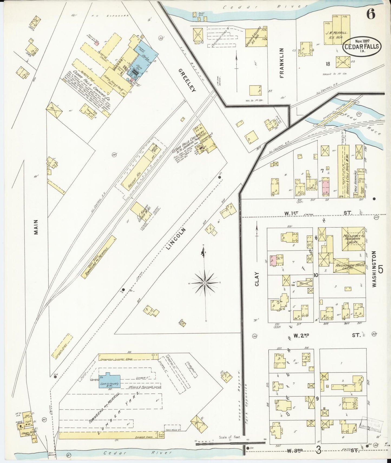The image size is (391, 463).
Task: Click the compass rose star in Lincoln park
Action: coord(205,283)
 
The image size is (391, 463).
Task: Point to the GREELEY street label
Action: coord(187,80)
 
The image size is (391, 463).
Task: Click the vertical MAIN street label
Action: coord(36,227)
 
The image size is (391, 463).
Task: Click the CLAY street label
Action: coord(257,279)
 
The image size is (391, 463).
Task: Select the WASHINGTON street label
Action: coord(374,269)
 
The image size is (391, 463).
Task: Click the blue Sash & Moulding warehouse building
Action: coord(109,381)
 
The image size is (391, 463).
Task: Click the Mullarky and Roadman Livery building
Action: coord(353,239)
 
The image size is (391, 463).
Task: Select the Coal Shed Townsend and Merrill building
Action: coord(98,257)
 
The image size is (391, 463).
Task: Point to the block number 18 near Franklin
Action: coord(328,64)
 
